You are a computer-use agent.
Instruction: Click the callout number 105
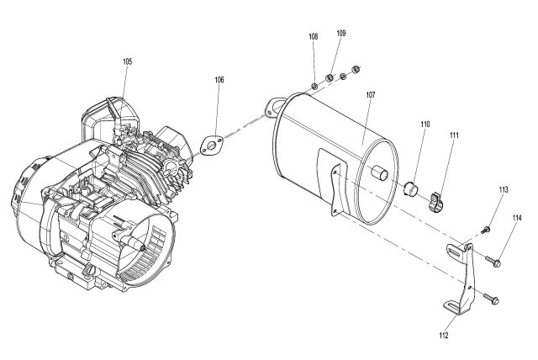[x=127, y=61]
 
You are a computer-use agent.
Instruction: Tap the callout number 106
[x=219, y=80]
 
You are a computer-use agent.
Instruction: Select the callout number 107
[x=371, y=95]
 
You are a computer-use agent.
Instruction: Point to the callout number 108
[x=314, y=37]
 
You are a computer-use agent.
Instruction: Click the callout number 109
[x=340, y=34]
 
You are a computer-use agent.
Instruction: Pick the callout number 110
[x=425, y=124]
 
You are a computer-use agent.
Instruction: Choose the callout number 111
[x=454, y=135]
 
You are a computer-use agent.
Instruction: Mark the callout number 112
[x=444, y=336]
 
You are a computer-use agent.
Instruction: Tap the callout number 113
[x=504, y=190]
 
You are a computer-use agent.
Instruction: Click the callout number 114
[x=517, y=218]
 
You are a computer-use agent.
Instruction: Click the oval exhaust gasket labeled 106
[x=212, y=146]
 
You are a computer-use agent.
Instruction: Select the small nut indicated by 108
[x=314, y=86]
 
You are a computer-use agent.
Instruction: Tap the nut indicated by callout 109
[x=330, y=78]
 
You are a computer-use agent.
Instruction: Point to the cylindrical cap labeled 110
[x=411, y=189]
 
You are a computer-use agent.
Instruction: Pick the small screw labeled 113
[x=486, y=230]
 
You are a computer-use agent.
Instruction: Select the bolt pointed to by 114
[x=493, y=261]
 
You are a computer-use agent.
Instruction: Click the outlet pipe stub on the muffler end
[x=380, y=172]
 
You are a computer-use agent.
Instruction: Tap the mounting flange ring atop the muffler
[x=274, y=107]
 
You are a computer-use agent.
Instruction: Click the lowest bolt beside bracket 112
[x=491, y=299]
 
